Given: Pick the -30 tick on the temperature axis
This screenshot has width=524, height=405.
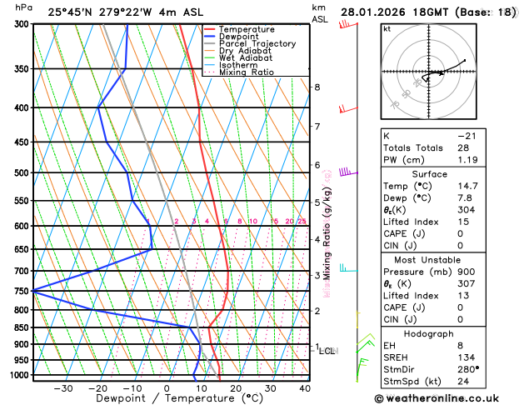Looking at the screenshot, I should tap(62, 388).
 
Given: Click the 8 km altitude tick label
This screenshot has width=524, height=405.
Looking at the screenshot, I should tap(317, 87).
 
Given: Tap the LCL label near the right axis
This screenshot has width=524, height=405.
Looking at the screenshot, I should tap(327, 352).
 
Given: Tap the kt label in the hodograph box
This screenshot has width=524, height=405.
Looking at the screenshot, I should tap(387, 29).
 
